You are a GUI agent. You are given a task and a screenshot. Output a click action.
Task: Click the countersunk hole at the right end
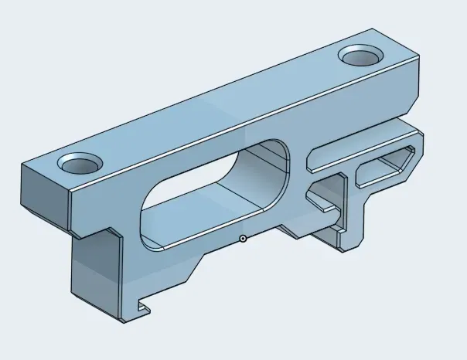(360, 56)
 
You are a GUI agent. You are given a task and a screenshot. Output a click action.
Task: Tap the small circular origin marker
(243, 239)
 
